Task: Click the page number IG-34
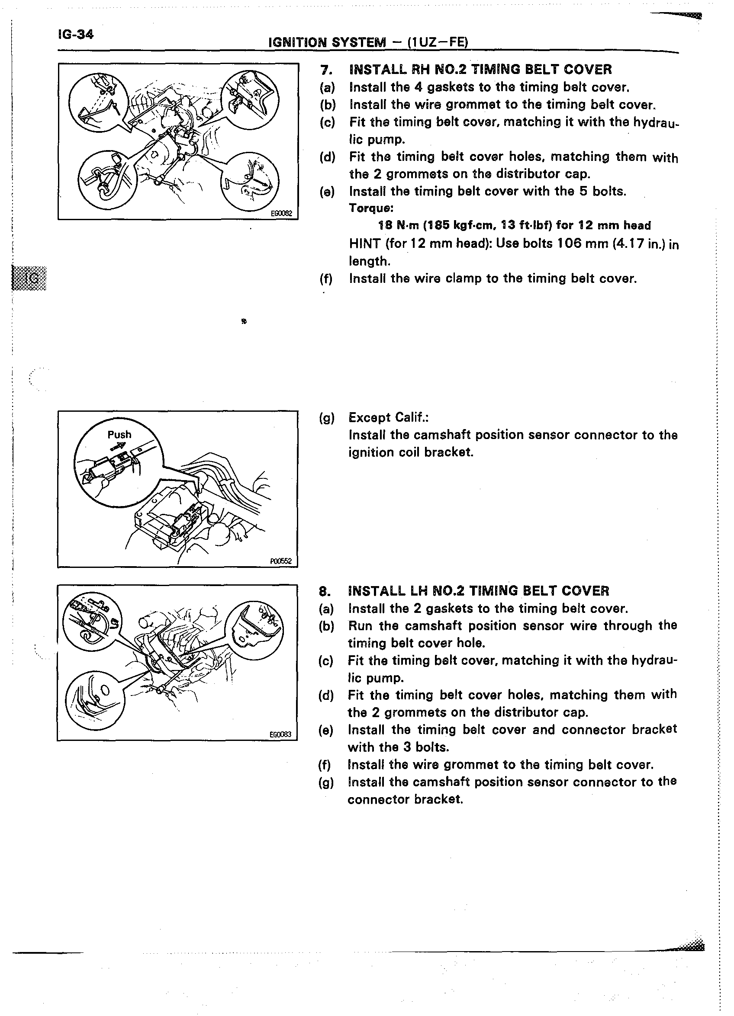75,34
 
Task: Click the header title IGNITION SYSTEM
327,42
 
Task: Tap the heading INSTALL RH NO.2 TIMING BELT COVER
480,70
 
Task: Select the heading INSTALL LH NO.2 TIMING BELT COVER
478,591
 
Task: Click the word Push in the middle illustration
119,435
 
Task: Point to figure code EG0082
281,214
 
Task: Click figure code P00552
281,561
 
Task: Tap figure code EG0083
280,734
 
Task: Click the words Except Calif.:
389,417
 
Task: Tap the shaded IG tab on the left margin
30,278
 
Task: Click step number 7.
325,70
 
